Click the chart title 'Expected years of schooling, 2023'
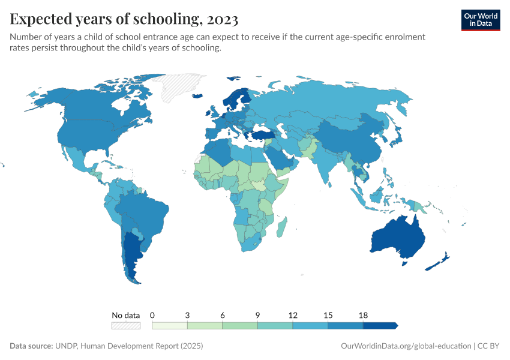pyautogui.click(x=124, y=19)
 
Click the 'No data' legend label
pyautogui.click(x=125, y=315)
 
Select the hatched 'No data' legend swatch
pyautogui.click(x=125, y=325)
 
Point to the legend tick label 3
pyautogui.click(x=187, y=315)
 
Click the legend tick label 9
pyautogui.click(x=257, y=315)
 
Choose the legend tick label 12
pyautogui.click(x=293, y=315)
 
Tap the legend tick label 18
pyautogui.click(x=363, y=315)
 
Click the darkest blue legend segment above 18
pyautogui.click(x=380, y=325)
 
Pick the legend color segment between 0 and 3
pyautogui.click(x=170, y=325)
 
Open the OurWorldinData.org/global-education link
pyautogui.click(x=406, y=346)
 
